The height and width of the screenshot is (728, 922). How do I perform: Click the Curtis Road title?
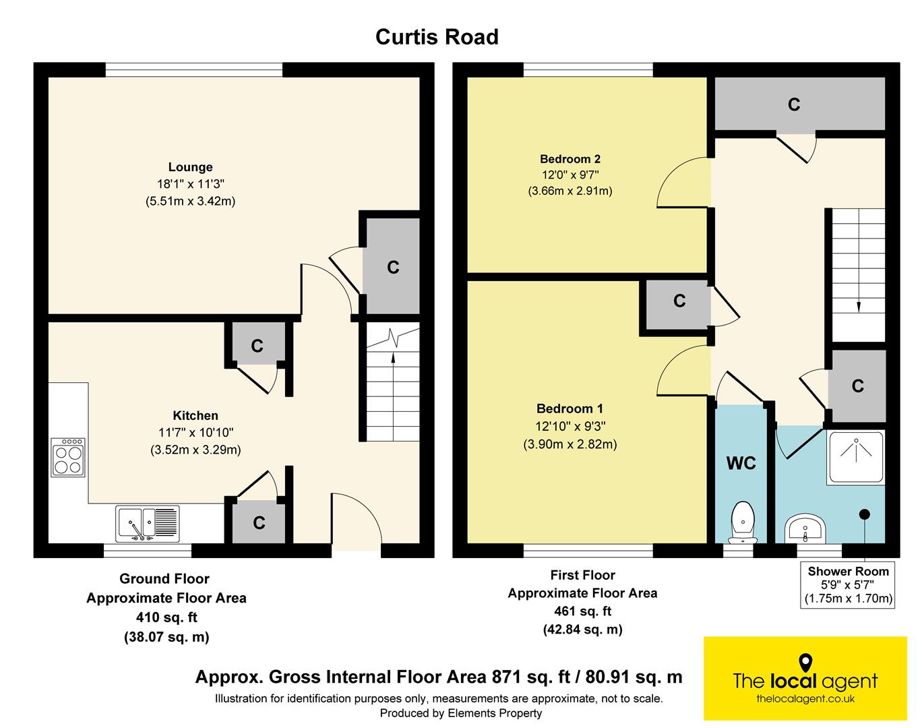click(x=437, y=37)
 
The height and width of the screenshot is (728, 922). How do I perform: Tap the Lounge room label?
click(x=190, y=166)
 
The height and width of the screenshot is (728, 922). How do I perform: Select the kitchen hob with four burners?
click(x=68, y=457)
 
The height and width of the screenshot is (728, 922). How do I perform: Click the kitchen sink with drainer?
click(x=148, y=524)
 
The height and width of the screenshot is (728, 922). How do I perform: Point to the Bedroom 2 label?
click(x=570, y=159)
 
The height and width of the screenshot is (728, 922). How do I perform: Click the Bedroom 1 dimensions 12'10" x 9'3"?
click(x=570, y=426)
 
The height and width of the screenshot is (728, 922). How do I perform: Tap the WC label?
click(x=741, y=463)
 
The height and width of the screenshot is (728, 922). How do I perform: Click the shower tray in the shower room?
click(x=856, y=458)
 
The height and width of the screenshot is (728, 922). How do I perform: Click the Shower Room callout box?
click(x=847, y=584)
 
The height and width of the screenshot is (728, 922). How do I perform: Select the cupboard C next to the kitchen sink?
click(x=258, y=522)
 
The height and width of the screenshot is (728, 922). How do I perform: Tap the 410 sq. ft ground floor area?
click(x=166, y=617)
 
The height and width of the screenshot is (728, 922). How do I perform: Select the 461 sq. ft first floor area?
click(x=583, y=611)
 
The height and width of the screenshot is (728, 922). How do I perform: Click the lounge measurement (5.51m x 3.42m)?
click(x=190, y=201)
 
